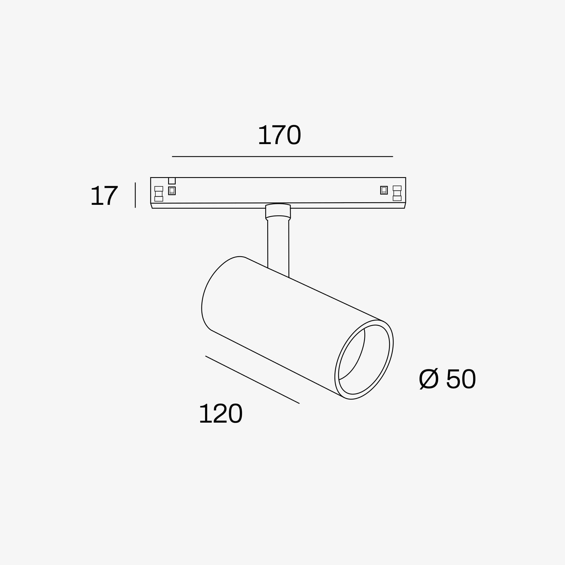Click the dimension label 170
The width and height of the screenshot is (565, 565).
click(x=280, y=135)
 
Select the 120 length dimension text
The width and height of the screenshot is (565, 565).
click(x=221, y=413)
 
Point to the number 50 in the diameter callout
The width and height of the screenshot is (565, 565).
click(x=461, y=379)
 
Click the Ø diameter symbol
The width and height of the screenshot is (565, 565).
click(x=429, y=379)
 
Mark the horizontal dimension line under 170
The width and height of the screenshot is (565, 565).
click(x=282, y=157)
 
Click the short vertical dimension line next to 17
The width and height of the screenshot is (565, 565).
click(x=135, y=195)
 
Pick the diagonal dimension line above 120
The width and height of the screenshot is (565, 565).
click(x=252, y=380)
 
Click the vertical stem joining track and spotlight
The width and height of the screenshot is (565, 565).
click(x=278, y=246)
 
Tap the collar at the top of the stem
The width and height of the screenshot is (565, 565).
click(x=278, y=211)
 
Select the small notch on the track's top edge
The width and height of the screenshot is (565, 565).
click(x=172, y=181)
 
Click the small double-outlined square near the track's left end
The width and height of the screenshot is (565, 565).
click(x=172, y=191)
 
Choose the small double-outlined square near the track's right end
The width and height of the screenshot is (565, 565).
click(x=384, y=190)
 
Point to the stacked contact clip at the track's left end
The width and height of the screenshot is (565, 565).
click(x=158, y=194)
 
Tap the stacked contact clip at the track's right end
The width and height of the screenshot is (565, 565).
click(x=397, y=193)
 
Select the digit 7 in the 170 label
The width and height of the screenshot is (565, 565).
click(x=280, y=135)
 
